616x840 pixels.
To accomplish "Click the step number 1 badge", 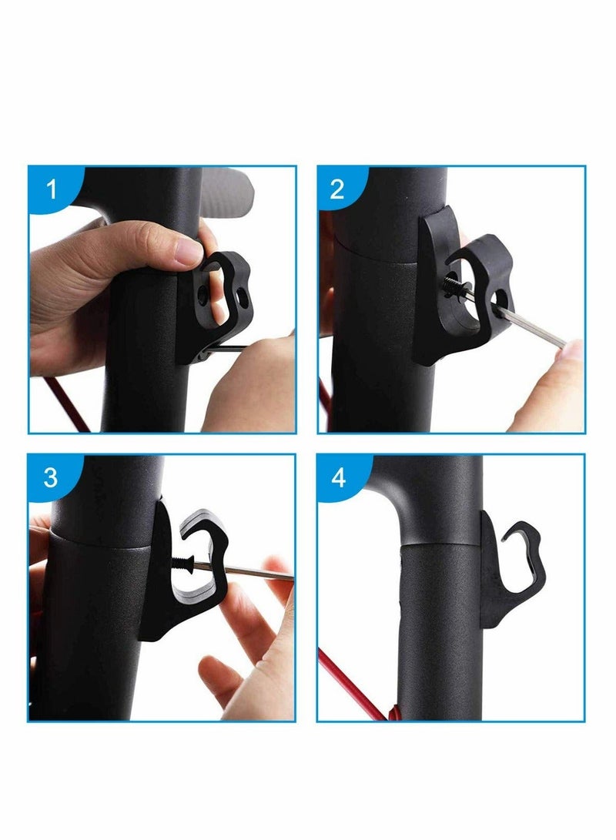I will point(52,189).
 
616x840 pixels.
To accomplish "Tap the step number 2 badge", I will point(337,189).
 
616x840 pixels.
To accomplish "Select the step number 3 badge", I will point(51,477).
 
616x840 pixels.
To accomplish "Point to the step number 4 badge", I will point(338,477).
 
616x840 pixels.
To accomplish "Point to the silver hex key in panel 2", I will point(531,327).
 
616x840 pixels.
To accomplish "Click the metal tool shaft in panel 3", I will point(246,572).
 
